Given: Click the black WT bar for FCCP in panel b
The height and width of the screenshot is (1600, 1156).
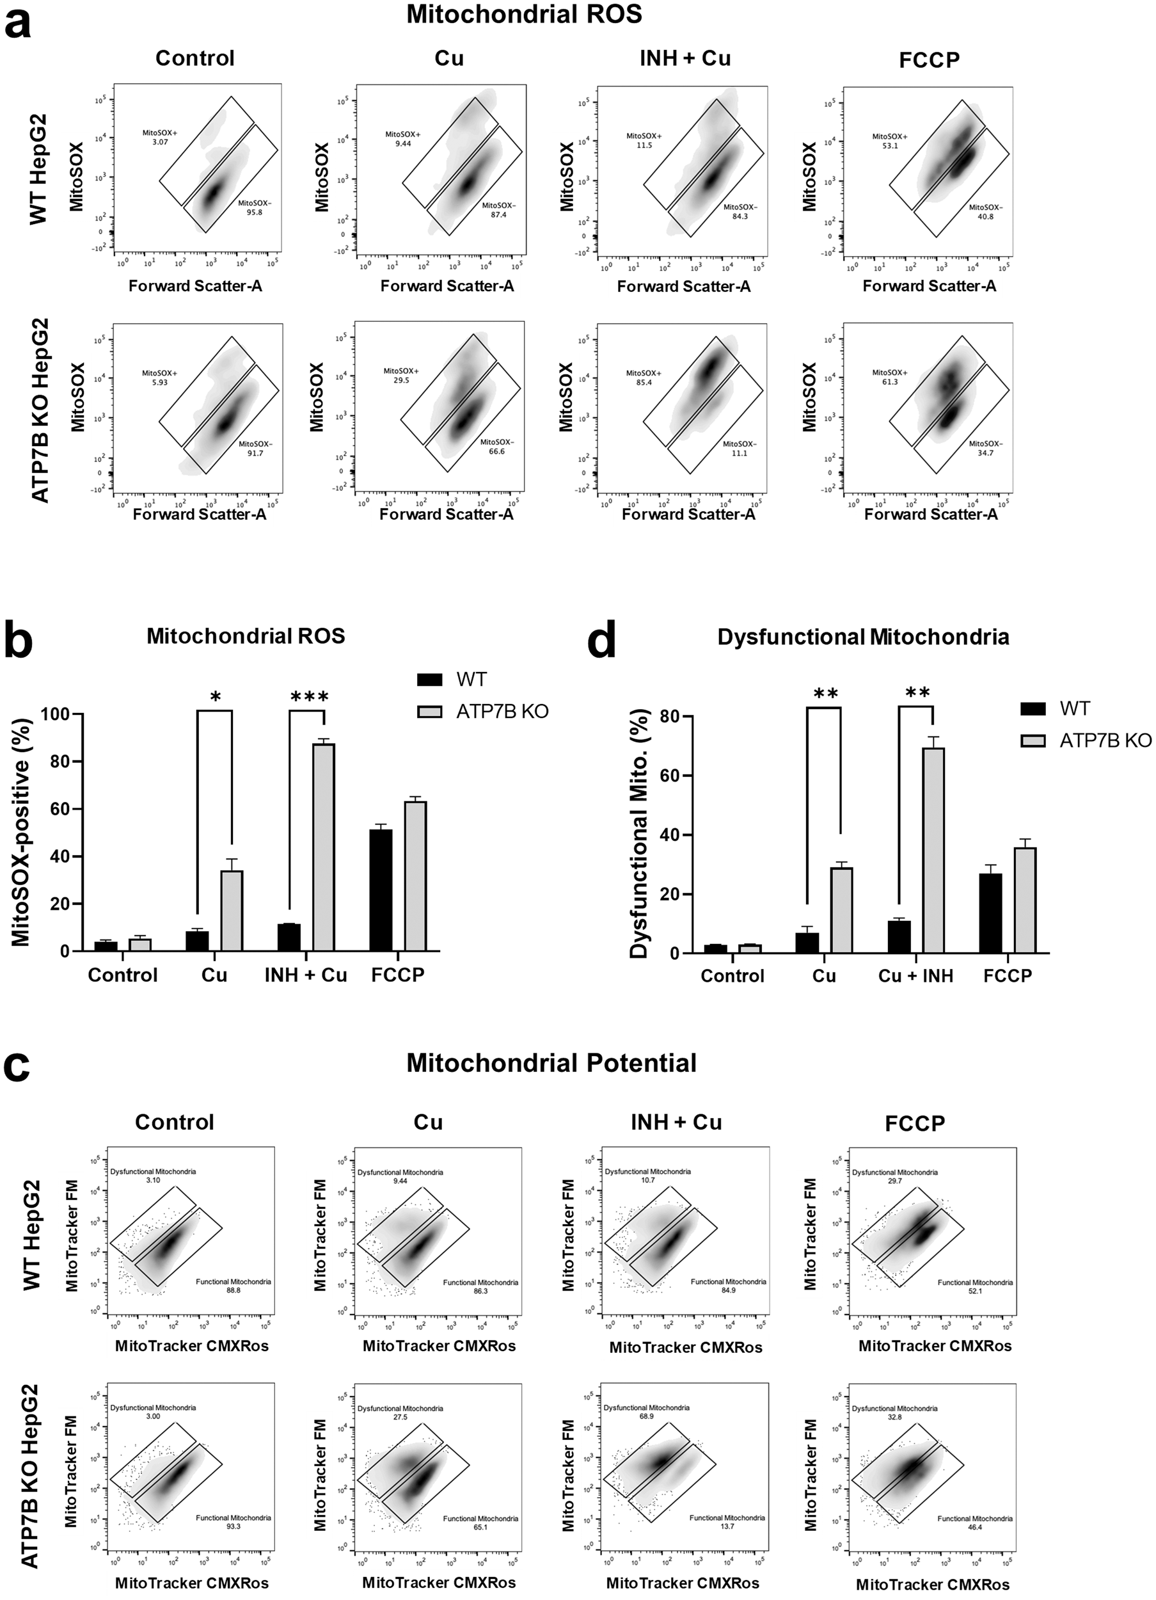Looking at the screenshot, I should pos(381,890).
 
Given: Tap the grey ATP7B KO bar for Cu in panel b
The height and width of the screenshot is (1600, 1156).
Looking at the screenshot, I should pos(232,911).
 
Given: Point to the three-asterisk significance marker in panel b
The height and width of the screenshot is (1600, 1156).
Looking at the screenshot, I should pos(309,698).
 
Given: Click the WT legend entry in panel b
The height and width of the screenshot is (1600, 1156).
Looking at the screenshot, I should pos(470,680).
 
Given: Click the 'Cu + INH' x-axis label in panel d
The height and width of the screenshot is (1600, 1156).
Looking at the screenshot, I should pos(915,975).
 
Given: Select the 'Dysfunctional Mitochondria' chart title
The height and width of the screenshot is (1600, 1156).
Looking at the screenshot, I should pos(862,637).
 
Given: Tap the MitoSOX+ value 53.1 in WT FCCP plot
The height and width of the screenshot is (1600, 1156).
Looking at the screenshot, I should pos(885,147).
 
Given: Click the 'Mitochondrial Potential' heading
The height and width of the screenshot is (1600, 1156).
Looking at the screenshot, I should pos(551,1062).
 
